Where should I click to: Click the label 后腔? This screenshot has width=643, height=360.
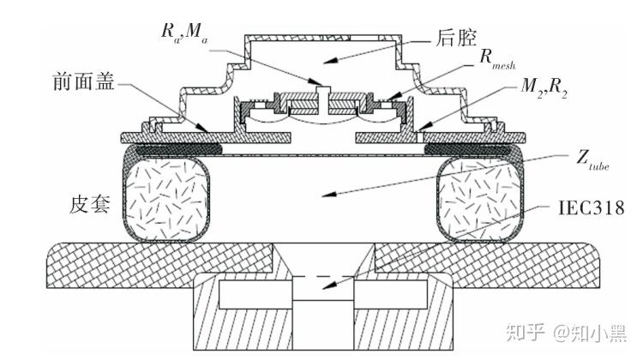pos(456,38)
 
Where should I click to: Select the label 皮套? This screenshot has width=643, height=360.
pos(90,203)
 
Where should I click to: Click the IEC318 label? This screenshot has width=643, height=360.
pos(591,208)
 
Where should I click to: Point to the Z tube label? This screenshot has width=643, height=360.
pos(592,159)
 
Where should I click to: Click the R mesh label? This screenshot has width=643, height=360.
pos(497,59)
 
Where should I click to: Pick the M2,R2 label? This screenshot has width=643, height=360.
pos(544,87)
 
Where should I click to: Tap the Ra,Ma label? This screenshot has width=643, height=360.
pos(184,33)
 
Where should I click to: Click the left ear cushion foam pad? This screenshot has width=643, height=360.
pos(166,200)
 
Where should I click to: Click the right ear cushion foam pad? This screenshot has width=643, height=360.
pos(480,200)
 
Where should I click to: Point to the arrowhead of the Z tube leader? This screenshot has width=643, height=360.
pos(329,194)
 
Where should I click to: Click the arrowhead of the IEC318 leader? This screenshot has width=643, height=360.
pos(329,285)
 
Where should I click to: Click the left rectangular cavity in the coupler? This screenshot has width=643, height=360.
pos(255,294)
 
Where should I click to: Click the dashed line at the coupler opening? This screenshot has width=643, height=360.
pos(322,277)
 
